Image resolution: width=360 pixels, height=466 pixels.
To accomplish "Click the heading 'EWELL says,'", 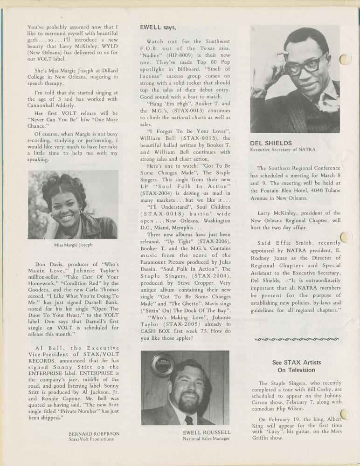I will pyautogui.click(x=157, y=27).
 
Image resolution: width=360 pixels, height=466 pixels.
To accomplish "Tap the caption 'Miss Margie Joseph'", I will pyautogui.click(x=73, y=245).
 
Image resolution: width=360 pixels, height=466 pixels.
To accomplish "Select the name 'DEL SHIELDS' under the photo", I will pyautogui.click(x=270, y=143).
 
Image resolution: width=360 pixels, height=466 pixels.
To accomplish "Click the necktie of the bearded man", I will pyautogui.click(x=188, y=420).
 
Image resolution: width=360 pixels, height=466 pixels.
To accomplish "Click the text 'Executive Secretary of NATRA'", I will pyautogui.click(x=283, y=150).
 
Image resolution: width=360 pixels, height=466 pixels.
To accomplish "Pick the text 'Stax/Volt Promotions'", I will pyautogui.click(x=91, y=439).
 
